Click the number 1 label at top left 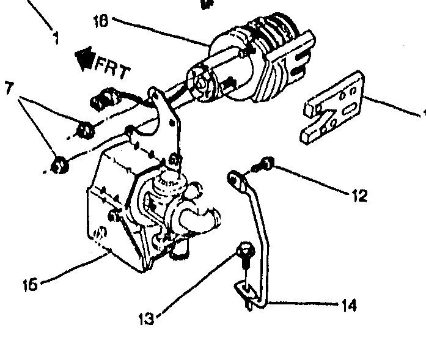coord(56,38)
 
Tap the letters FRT coord(112,67)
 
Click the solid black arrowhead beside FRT coord(82,59)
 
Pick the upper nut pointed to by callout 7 coord(86,129)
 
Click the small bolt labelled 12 coord(265,163)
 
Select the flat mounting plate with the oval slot coord(334,108)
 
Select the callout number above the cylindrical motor coord(101,22)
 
